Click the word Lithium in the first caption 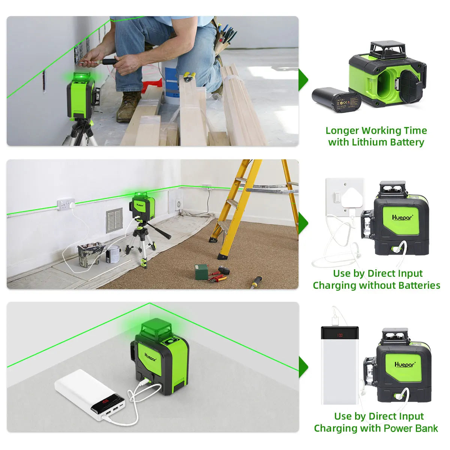click(369, 142)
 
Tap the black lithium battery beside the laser click(336, 99)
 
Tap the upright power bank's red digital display click(339, 335)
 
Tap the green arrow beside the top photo click(303, 80)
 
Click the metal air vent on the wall click(114, 220)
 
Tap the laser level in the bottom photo click(161, 356)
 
